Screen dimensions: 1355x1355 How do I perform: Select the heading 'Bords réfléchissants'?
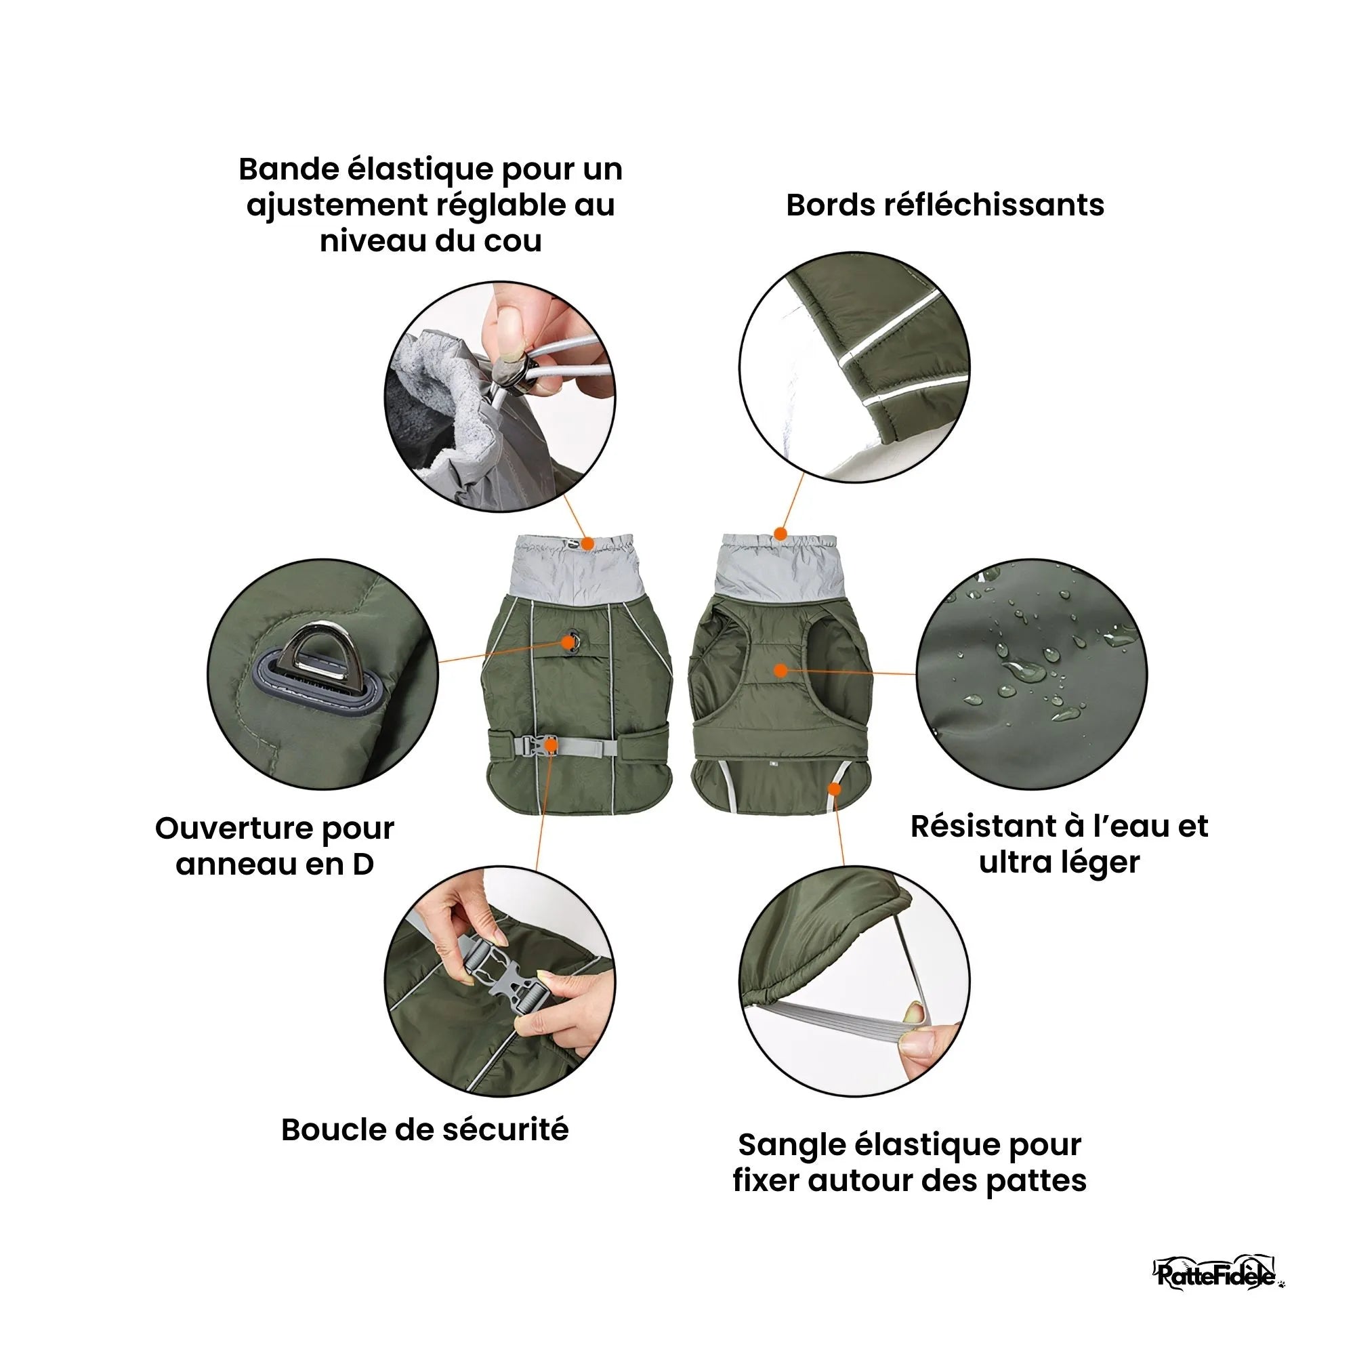click(x=944, y=205)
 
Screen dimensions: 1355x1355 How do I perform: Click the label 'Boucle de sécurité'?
click(x=424, y=1130)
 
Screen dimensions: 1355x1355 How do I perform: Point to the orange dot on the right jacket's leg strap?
click(x=834, y=789)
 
